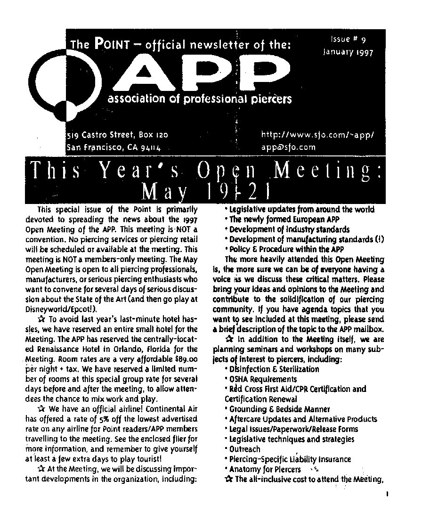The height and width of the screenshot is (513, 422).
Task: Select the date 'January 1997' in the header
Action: pos(348,52)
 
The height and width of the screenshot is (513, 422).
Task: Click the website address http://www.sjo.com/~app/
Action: pos(317,135)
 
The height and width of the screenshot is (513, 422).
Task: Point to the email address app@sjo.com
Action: pos(288,147)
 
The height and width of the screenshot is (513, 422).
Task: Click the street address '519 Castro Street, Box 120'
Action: pos(117,135)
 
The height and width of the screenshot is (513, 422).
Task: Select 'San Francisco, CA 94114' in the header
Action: pos(114,147)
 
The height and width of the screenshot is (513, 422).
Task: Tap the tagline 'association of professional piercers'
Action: pos(200,99)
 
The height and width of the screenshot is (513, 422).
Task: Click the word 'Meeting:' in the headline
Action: pos(328,172)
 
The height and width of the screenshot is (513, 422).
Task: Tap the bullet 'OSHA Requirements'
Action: pos(262,379)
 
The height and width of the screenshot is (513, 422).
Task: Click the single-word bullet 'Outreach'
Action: pos(244,449)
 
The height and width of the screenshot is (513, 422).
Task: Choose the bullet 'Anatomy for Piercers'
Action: pos(265,469)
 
